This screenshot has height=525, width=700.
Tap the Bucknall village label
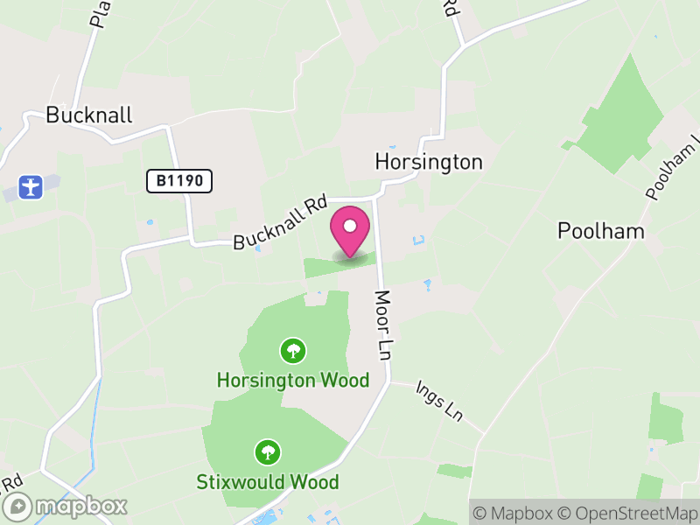[88, 115]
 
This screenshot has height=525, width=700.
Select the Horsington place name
[428, 162]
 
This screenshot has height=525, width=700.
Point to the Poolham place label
[601, 231]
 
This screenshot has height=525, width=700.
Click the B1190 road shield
[179, 181]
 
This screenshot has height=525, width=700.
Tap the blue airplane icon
[30, 186]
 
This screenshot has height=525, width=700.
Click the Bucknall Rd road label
[280, 224]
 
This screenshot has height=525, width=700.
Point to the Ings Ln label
[438, 399]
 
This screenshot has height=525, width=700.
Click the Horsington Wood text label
[293, 381]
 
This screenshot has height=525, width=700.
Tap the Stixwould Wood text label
[267, 482]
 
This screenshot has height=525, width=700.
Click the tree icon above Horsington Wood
[292, 352]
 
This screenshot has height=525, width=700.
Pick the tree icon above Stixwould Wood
[268, 452]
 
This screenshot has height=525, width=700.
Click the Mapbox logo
[66, 506]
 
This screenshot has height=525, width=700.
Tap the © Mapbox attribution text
[515, 513]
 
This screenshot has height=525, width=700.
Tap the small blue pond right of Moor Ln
[427, 285]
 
